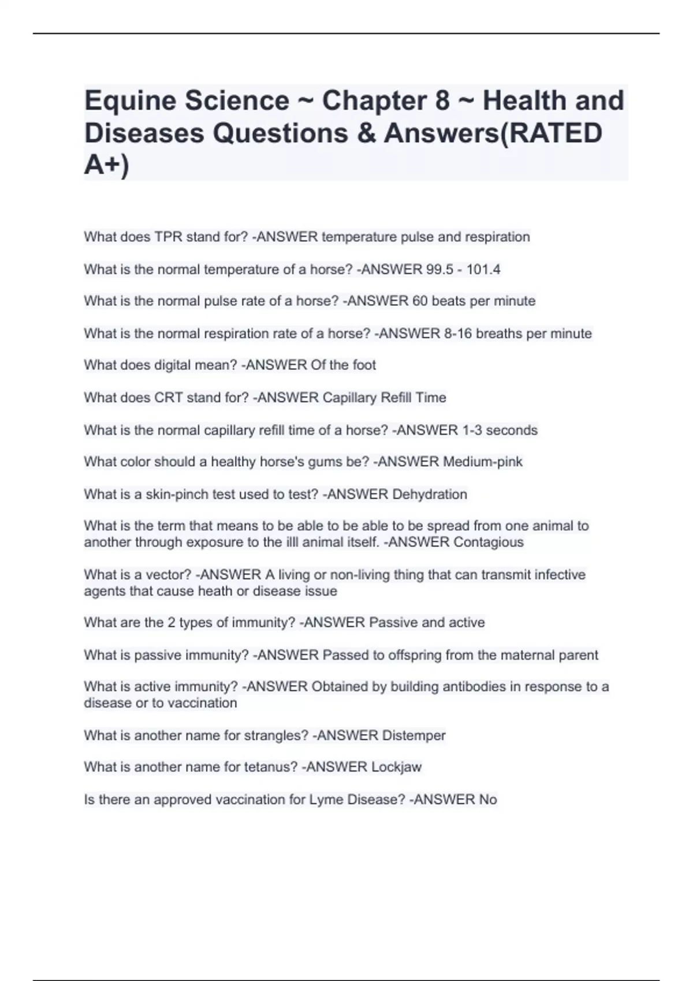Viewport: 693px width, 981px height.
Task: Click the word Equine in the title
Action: tap(128, 101)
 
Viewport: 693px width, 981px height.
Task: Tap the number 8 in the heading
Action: tap(442, 101)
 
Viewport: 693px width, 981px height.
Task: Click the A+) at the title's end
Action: tap(107, 166)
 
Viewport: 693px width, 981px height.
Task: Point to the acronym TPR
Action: tap(168, 237)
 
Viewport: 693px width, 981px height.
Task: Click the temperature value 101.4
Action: tap(483, 269)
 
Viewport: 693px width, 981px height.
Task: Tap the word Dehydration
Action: tap(430, 495)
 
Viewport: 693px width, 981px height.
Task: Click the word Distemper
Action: tap(414, 736)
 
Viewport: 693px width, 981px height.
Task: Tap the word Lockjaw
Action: tap(396, 767)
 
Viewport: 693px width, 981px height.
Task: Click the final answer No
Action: tap(488, 800)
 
